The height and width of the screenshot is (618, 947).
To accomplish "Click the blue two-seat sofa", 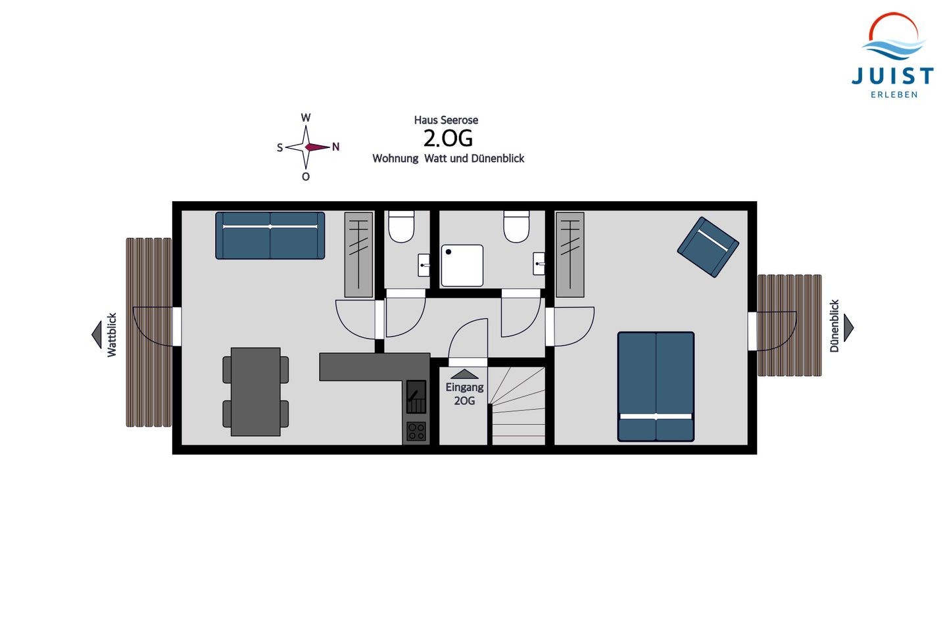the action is [270, 235].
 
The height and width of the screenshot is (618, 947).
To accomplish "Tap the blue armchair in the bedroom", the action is [708, 247].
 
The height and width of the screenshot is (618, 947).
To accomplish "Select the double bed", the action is [656, 387].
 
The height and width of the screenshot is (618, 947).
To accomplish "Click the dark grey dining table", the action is [255, 391].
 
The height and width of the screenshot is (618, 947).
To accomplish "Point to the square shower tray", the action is [462, 266].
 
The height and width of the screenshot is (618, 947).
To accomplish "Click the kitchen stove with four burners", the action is [416, 432].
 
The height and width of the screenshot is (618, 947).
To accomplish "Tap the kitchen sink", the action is [416, 396].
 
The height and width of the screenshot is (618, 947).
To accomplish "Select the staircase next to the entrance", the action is [517, 406].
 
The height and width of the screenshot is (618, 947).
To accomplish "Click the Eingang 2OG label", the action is [464, 394].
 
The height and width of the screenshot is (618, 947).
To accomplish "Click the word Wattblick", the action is [112, 335].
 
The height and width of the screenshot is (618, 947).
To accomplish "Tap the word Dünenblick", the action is [834, 326].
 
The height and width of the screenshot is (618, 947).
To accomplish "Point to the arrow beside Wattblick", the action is [97, 335].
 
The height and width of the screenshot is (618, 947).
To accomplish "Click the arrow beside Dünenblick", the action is [848, 327].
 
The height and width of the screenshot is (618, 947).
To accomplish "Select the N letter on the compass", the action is [335, 147].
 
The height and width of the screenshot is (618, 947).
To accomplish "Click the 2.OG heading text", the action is [448, 138].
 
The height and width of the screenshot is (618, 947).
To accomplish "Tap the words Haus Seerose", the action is [446, 120].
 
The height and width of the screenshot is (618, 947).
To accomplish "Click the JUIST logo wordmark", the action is [893, 76].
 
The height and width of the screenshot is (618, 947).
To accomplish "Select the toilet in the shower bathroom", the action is [516, 227].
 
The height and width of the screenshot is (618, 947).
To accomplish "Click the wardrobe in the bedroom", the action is [570, 255].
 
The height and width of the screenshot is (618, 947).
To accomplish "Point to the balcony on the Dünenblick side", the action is [789, 325].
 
